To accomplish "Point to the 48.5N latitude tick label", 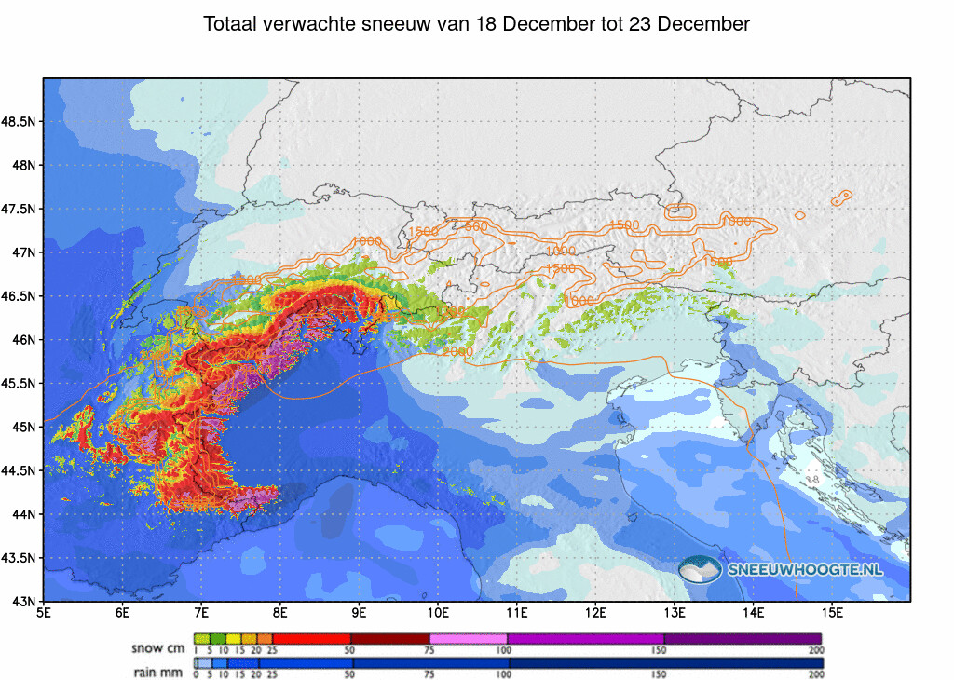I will tap(19, 122).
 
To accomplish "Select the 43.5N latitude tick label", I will tap(19, 558).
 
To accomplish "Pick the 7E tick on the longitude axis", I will tap(201, 612).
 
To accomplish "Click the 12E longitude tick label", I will tap(596, 612).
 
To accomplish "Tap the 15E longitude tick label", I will tap(833, 612).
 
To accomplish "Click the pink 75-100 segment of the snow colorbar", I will tap(469, 638).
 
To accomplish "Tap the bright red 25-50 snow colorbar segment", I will tap(311, 638).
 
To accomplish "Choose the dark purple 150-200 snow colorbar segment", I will tap(743, 638).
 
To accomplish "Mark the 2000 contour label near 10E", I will tap(457, 351).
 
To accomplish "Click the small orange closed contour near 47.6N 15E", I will tap(843, 196).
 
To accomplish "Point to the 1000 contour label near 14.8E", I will tap(736, 221).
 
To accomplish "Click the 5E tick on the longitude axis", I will tap(44, 612).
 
